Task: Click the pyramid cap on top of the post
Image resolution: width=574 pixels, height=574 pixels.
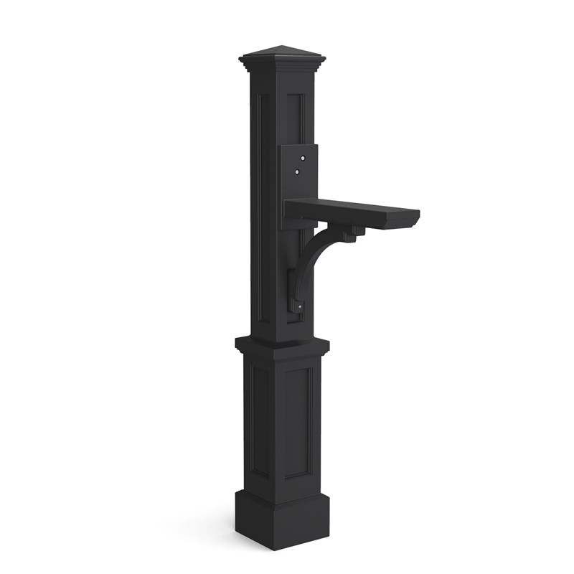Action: pyautogui.click(x=281, y=55)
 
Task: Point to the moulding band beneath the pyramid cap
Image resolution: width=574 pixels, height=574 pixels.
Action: pyautogui.click(x=281, y=67)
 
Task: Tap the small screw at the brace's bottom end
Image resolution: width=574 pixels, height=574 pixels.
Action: pyautogui.click(x=300, y=308)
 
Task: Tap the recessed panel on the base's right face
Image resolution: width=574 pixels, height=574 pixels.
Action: pyautogui.click(x=298, y=423)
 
